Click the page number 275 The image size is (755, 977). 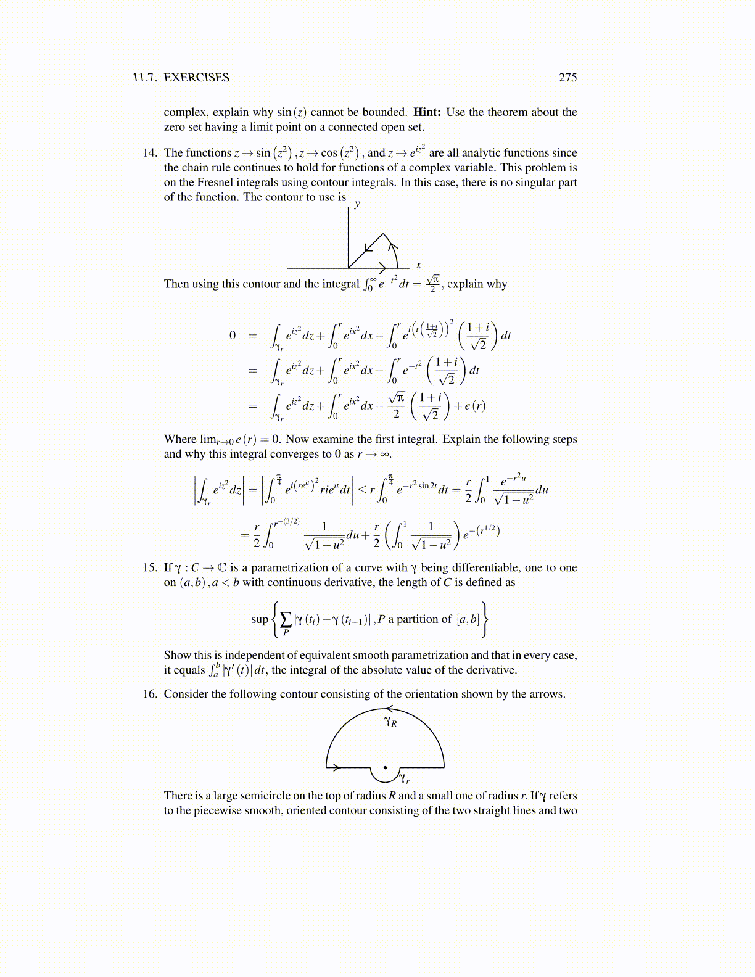pos(567,77)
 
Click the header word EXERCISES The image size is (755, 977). pos(196,77)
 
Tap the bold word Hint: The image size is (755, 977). pos(427,112)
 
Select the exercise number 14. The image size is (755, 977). pos(151,153)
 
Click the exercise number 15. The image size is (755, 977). pos(151,567)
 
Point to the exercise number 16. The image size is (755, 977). pos(151,694)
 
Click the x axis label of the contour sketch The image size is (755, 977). pos(418,265)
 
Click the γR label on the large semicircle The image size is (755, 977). pos(390,722)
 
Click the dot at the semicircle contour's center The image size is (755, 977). pos(385,768)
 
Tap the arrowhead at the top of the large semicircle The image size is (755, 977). pos(390,709)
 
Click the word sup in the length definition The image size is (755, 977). pos(260,619)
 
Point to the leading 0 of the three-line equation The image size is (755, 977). pos(233,336)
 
